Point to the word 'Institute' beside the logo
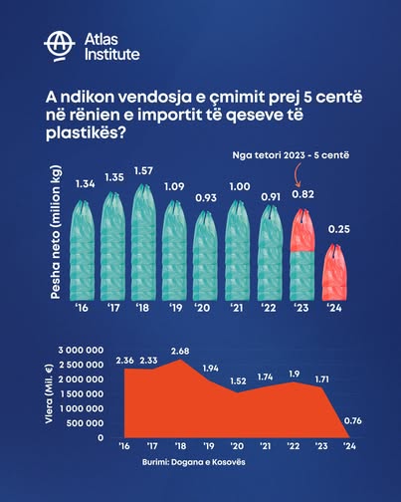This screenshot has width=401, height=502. (x=110, y=53)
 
